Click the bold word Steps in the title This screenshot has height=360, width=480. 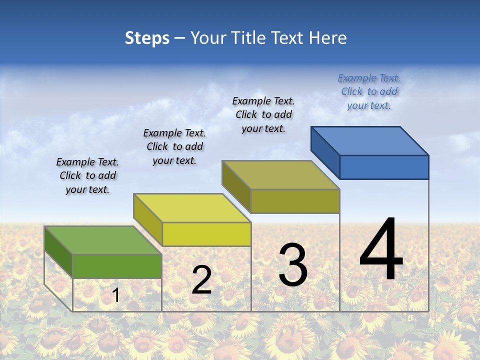coord(147,38)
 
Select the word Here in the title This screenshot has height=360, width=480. coord(328,38)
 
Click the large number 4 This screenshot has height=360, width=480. coord(381,250)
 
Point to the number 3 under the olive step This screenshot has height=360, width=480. coord(293,265)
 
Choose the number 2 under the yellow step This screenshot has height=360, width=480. coord(201,280)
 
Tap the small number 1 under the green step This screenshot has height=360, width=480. coord(116,295)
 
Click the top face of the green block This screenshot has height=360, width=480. coord(103,240)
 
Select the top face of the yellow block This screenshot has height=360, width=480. coord(192,208)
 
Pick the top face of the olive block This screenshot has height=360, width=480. coord(280,175)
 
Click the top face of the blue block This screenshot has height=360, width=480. coord(369,141)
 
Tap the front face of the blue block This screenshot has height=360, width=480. coord(384,167)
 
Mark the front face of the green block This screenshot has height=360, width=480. coord(117,266)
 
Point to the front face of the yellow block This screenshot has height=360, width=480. coord(206,234)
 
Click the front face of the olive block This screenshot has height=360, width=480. coord(295,201)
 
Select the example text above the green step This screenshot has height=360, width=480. coord(87,176)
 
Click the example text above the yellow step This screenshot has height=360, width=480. coord(174,147)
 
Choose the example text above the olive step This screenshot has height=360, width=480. coord(263,114)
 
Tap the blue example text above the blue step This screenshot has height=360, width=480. coord(369,91)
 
